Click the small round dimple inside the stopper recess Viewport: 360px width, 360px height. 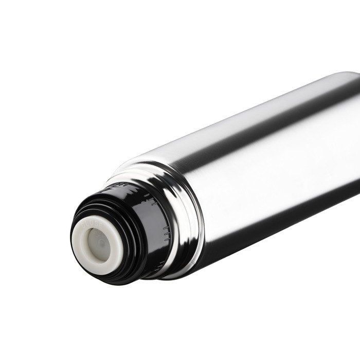(101, 241)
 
